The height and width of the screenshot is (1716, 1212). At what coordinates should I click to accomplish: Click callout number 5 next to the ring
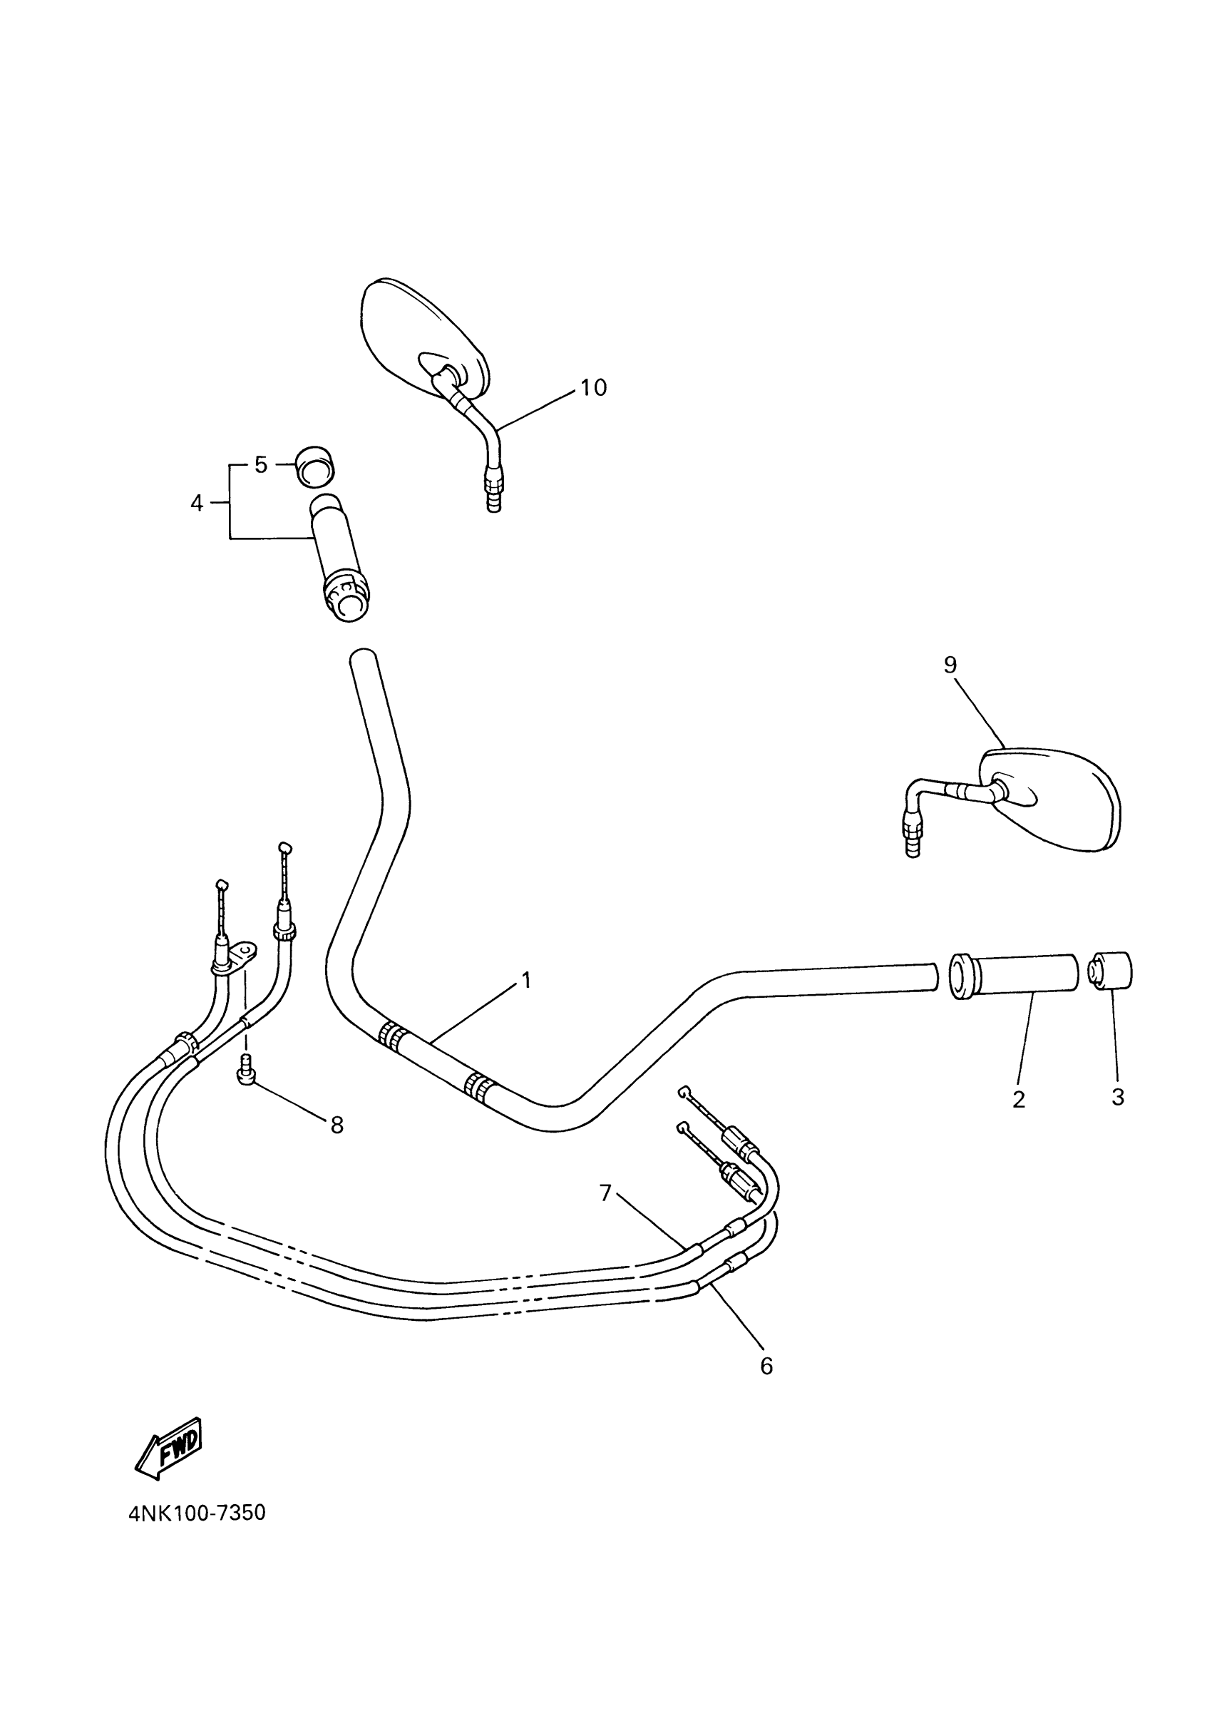260,465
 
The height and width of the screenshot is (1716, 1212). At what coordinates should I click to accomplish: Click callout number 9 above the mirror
950,665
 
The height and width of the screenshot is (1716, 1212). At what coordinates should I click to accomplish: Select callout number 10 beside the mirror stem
593,387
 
